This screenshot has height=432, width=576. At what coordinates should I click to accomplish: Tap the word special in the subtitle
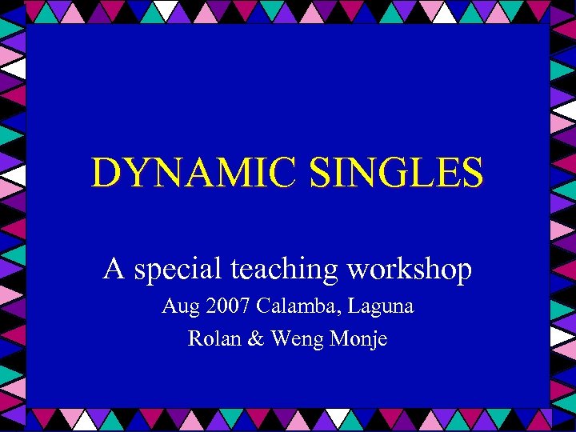[x=177, y=270]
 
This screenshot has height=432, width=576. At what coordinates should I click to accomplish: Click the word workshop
[x=409, y=270]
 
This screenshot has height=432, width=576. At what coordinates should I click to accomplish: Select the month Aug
[x=178, y=306]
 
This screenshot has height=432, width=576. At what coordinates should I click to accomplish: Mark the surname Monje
[x=357, y=339]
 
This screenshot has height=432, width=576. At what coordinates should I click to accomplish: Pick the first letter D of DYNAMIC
[x=106, y=172]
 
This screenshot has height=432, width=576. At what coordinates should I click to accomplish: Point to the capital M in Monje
[x=336, y=338]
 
